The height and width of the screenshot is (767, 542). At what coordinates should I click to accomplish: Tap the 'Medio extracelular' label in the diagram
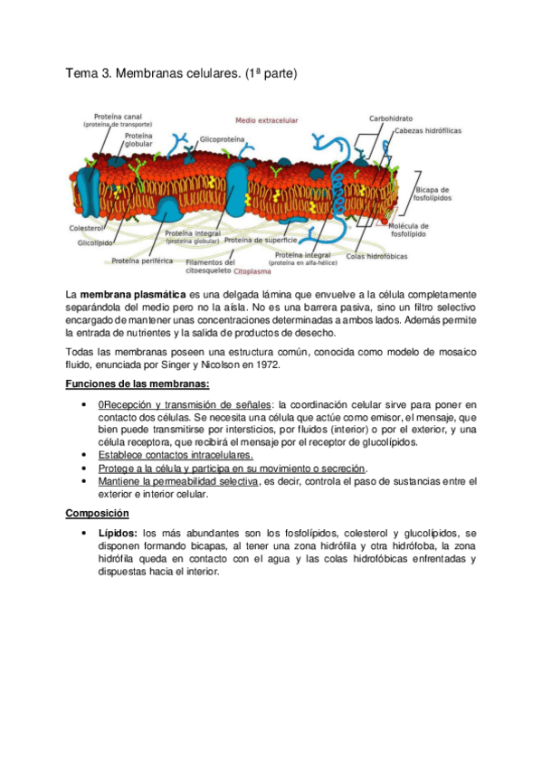[266, 119]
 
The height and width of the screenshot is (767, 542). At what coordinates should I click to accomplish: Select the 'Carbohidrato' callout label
[391, 118]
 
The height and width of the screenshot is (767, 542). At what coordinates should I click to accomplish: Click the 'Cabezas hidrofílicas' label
[428, 131]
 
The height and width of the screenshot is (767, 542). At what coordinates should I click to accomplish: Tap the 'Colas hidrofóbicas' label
[376, 256]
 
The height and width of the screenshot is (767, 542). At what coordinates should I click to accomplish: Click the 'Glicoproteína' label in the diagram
[223, 140]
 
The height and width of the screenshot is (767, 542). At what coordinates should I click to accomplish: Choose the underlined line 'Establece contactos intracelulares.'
[163, 456]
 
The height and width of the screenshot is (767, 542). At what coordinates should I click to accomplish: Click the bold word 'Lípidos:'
[119, 534]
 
